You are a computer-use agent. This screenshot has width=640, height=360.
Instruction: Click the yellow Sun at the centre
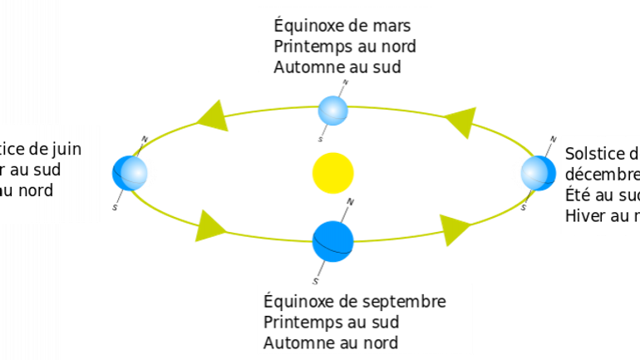pos(333,173)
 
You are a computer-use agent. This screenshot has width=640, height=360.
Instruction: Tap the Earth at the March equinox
pos(333,110)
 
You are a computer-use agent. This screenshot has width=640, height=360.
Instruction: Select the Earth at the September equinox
pos(333,240)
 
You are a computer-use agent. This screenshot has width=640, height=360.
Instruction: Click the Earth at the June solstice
pos(131,173)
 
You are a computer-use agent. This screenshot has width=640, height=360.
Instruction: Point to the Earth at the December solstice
pos(537,173)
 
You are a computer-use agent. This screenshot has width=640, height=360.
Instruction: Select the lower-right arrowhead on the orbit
pos(455,229)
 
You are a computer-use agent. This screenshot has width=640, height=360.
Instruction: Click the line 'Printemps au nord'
pos(345,47)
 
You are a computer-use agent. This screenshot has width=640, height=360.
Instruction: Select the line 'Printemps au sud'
pos(331,322)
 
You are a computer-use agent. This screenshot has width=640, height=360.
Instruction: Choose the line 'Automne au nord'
pos(331,343)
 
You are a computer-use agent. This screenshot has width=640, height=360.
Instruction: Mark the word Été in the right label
pos(578,195)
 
